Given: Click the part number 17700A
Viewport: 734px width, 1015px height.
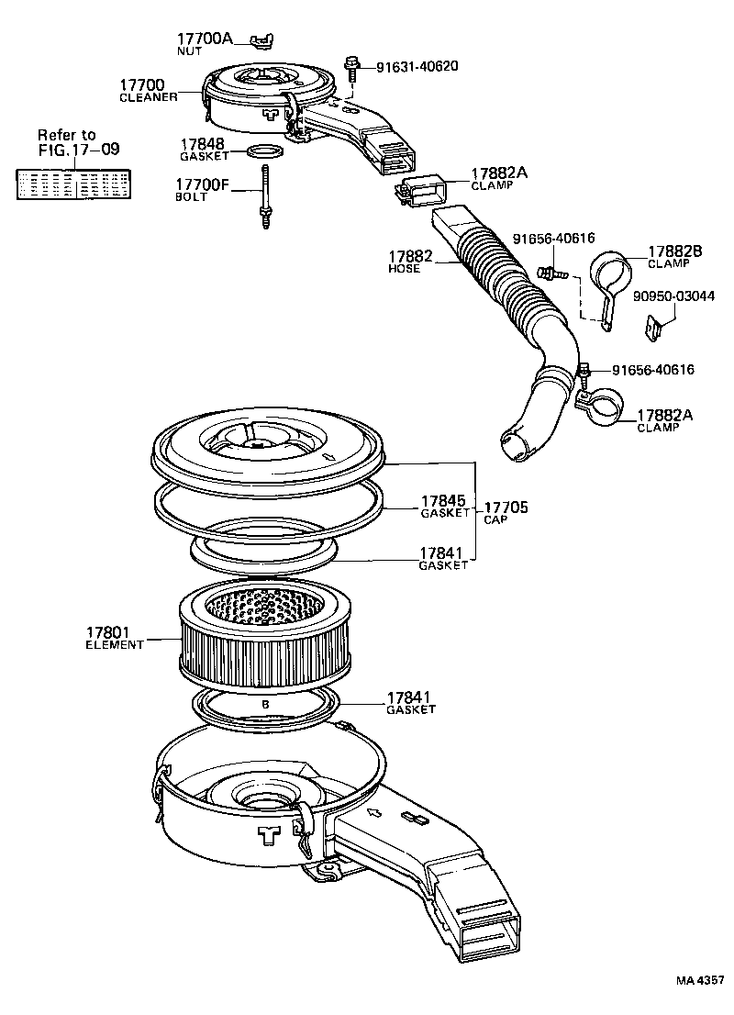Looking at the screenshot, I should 206,39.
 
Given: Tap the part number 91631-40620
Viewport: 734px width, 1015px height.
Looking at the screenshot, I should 417,66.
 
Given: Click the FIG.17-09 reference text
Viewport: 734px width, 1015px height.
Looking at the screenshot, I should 79,149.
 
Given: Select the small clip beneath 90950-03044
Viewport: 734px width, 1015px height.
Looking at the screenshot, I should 655,326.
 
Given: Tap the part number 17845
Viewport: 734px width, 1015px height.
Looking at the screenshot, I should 443,501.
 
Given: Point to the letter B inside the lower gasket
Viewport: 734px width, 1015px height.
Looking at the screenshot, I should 265,704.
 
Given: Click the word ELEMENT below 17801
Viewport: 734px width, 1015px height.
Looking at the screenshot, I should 116,645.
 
